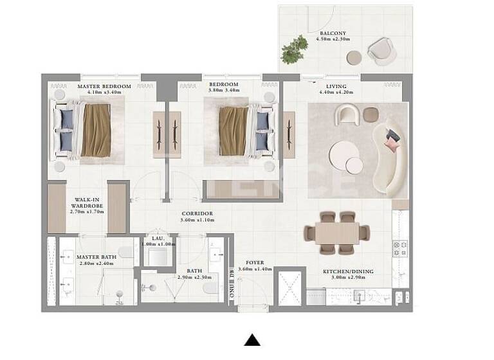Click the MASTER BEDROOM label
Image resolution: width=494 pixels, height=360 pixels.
point(104,86)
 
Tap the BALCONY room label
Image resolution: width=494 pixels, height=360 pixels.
point(333,33)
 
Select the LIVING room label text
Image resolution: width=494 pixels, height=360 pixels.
point(336,86)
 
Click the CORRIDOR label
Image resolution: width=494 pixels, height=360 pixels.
point(197,213)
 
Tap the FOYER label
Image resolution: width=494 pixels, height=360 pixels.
point(255,263)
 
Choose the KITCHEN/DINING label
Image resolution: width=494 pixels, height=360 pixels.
point(348,271)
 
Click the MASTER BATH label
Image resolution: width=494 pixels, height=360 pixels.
point(96,257)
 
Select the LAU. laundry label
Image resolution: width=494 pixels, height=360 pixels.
point(158,239)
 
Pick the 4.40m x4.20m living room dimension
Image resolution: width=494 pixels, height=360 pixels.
point(336,92)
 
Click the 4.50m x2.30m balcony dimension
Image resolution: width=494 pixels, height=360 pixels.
point(333,39)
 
